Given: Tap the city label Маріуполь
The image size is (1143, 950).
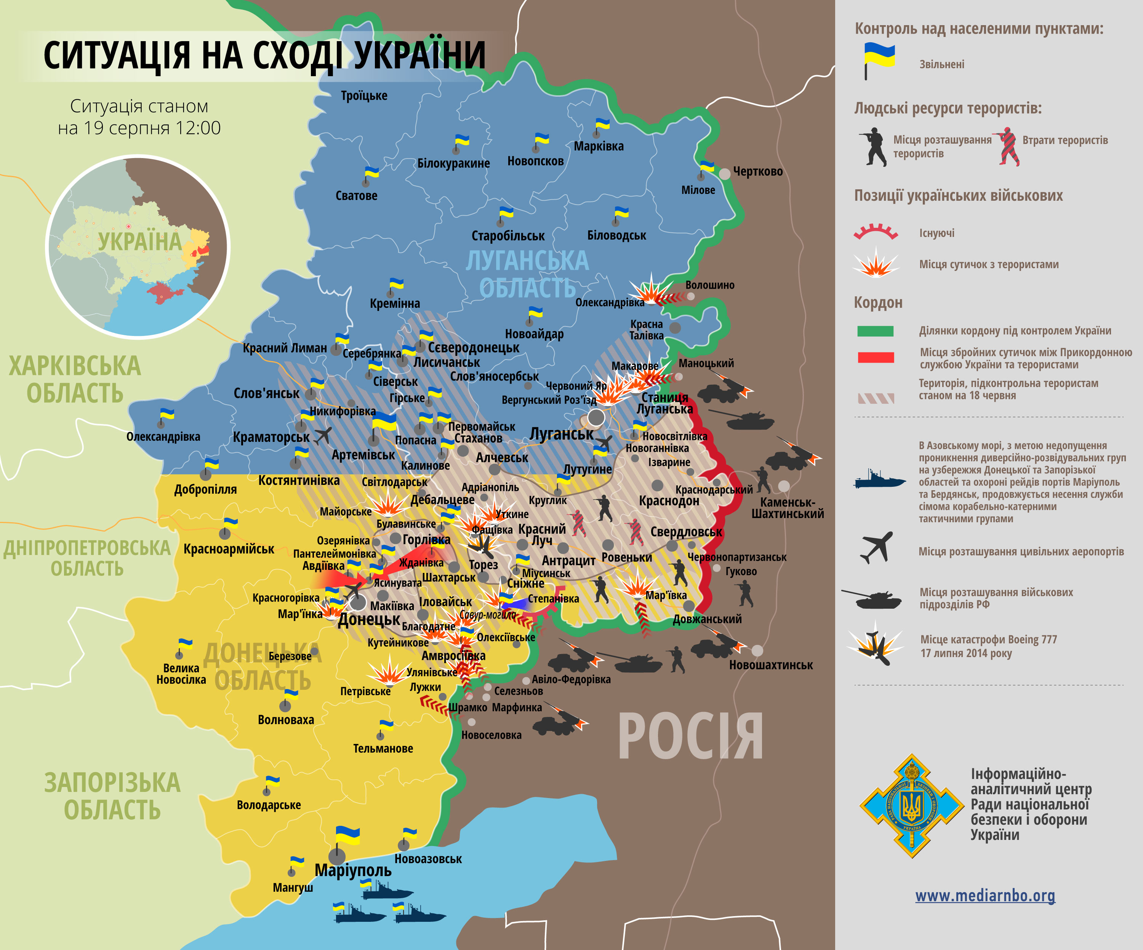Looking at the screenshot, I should pos(353,870).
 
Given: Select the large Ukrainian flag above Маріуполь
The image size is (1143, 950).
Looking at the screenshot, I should pos(347,835).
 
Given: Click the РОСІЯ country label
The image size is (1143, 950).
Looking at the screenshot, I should pos(690,737).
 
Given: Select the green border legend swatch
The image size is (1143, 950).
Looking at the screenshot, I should pos(875,331).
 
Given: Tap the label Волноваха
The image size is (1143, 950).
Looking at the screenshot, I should pos(286,720).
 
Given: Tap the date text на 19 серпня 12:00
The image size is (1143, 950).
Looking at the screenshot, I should pos(139,128).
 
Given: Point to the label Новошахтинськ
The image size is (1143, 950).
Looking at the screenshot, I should pos(771,665).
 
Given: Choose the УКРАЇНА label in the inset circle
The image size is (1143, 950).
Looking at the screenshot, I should pos(139,241).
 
